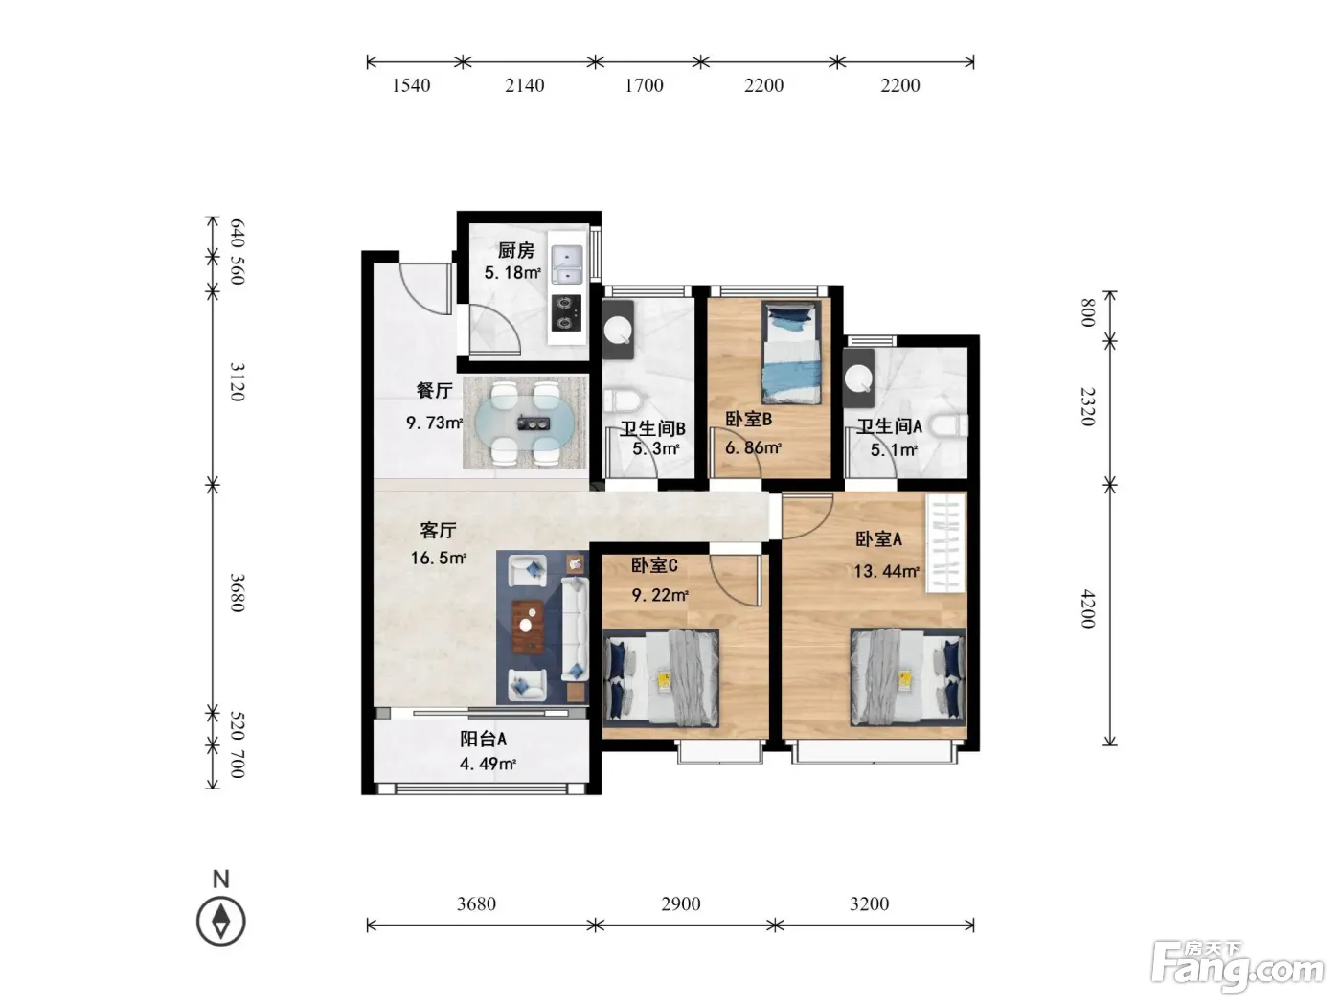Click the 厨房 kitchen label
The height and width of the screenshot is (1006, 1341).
[x=515, y=250]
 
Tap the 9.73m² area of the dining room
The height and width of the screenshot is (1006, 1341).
[x=434, y=422]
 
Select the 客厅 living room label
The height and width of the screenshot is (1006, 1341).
[x=438, y=530]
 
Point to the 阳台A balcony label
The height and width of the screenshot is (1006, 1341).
[x=483, y=739]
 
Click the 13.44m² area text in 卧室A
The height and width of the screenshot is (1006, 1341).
[x=886, y=571]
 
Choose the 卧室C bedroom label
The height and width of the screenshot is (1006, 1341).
[x=653, y=565]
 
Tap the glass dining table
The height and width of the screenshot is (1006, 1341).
[x=525, y=423]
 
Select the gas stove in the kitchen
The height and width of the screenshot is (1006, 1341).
[x=566, y=312]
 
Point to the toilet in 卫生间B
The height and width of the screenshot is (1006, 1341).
[x=622, y=401]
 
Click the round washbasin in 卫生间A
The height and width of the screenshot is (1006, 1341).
[x=859, y=378]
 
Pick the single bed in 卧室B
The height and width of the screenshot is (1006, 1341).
[x=791, y=353]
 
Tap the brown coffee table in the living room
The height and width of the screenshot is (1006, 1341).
[x=528, y=626]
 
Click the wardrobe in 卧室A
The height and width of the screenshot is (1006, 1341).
[x=945, y=543]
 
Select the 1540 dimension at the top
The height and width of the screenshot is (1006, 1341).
[x=411, y=85]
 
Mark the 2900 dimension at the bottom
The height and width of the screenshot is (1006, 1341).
[x=681, y=903]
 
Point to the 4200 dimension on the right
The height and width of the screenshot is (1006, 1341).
[x=1088, y=608]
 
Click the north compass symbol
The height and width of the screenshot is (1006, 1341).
[x=220, y=922]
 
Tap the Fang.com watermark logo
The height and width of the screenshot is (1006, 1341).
[x=1238, y=967]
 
